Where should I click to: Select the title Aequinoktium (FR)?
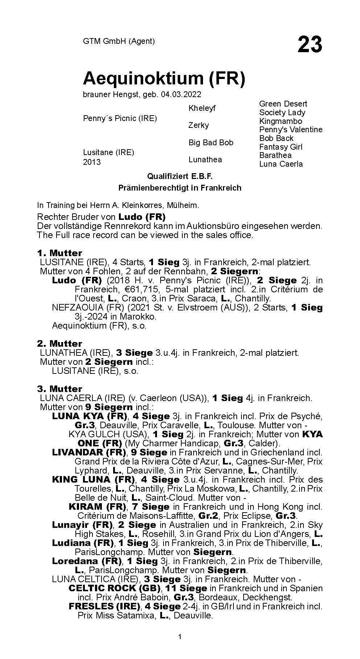point(164,78)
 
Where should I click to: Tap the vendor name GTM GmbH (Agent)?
point(119,41)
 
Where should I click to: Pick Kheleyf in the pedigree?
point(202,108)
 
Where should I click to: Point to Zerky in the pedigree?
point(199,125)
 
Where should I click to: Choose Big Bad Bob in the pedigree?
point(211,142)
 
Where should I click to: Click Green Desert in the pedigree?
point(283,104)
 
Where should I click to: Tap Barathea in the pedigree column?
point(275,155)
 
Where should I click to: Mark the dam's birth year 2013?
point(92,162)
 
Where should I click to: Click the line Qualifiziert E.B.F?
point(179,176)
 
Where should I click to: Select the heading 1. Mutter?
point(59,253)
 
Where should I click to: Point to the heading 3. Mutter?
point(59,389)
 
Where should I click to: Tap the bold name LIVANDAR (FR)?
point(89,452)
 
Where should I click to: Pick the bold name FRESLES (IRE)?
point(104,606)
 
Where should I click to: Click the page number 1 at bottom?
point(180,647)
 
